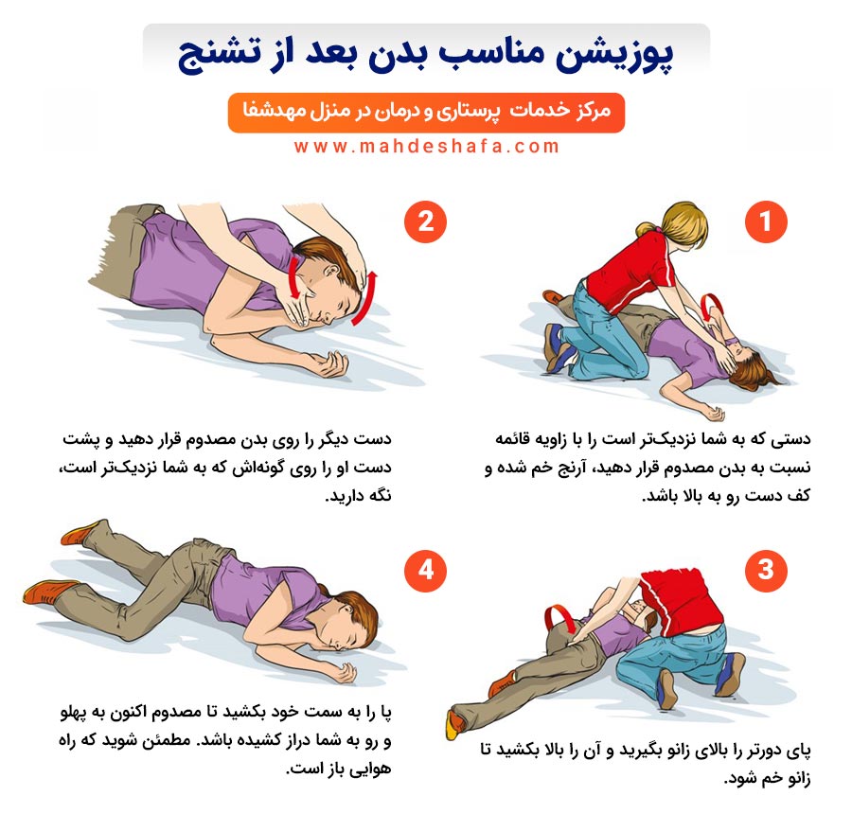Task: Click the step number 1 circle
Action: (766, 221)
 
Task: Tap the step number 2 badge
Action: (425, 221)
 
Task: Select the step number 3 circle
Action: (766, 570)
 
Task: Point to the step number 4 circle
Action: (425, 570)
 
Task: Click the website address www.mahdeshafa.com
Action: (427, 146)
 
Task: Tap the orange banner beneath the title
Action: (426, 113)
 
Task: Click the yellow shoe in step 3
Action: (453, 724)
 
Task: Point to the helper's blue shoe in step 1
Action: (557, 347)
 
